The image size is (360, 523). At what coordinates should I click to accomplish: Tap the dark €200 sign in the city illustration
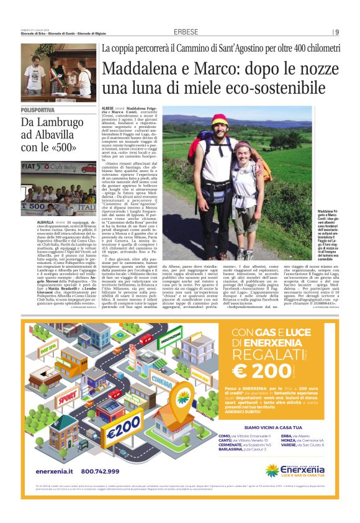click(x=124, y=427)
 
